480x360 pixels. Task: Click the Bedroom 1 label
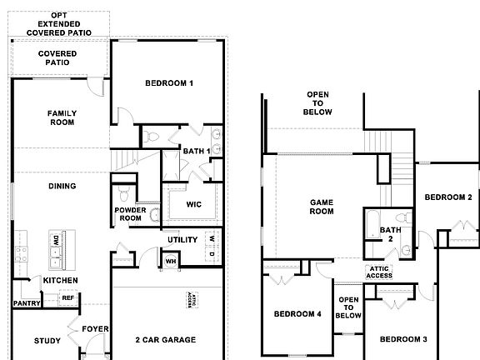169,83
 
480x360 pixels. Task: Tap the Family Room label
62,117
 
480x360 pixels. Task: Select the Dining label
62,186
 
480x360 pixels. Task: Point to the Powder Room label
131,214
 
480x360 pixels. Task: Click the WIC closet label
194,204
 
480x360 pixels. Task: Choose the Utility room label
182,240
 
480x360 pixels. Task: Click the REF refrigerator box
68,297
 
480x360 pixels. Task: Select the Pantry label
26,303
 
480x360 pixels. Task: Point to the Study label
47,340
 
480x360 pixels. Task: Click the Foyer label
95,329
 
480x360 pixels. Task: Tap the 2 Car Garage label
165,340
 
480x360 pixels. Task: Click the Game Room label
322,207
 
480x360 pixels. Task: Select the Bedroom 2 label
448,197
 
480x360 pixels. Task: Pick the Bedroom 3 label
403,339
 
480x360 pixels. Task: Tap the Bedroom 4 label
297,313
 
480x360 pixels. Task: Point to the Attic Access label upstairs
377,272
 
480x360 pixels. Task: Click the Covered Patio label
58,58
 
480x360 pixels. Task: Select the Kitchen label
60,281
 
